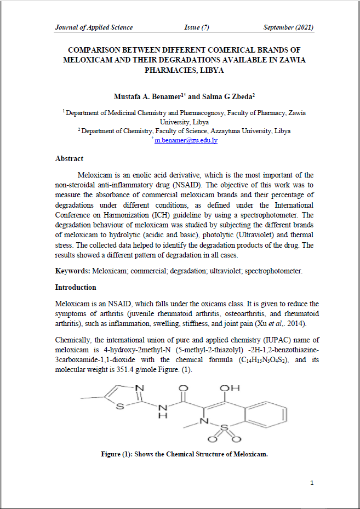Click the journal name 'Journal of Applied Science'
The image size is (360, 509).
click(94, 27)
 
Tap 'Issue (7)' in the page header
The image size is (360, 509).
click(197, 27)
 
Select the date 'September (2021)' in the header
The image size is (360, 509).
click(288, 27)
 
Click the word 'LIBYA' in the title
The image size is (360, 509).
click(212, 71)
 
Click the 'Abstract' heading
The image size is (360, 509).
click(69, 158)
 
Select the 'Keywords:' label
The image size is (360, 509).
click(73, 271)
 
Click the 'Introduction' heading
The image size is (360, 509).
click(76, 287)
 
